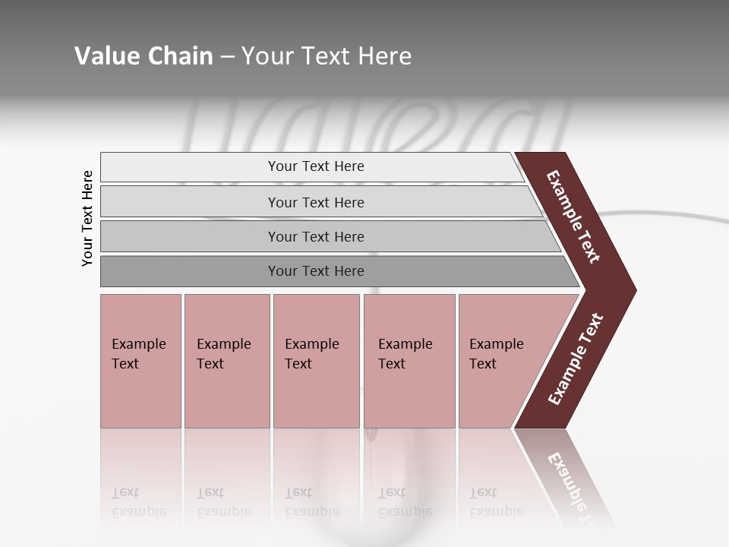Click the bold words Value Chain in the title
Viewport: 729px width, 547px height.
click(x=144, y=56)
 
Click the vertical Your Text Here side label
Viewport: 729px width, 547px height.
click(x=87, y=218)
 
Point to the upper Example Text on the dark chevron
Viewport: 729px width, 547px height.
click(x=573, y=217)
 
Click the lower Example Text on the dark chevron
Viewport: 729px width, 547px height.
click(x=576, y=359)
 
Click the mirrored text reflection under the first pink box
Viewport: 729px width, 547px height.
click(x=139, y=502)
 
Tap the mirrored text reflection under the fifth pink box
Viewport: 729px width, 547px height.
click(x=497, y=502)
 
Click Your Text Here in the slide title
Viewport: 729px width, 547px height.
click(x=327, y=56)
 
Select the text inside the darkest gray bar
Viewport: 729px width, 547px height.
click(x=316, y=271)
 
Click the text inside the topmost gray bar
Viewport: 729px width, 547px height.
click(x=316, y=166)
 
